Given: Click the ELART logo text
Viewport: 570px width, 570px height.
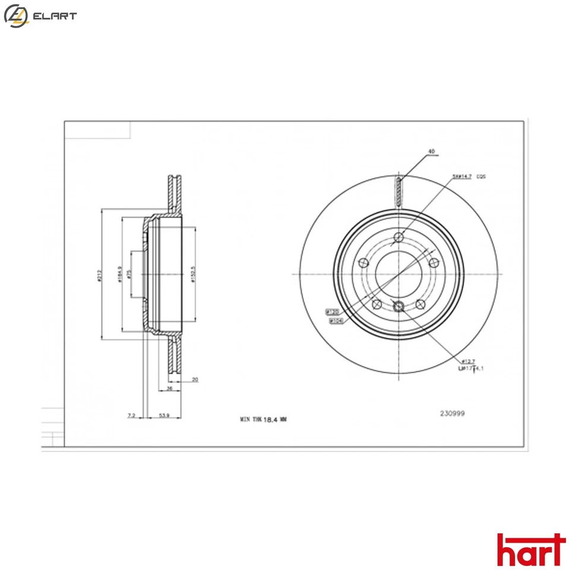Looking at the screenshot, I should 54,16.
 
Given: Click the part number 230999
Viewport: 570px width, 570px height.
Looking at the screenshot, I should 452,414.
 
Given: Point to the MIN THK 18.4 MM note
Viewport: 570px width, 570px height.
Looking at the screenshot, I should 263,419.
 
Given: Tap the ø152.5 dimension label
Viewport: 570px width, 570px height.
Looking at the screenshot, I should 194,274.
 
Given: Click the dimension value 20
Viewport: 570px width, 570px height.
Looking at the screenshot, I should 195,379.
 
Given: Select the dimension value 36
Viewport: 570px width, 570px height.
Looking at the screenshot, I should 169,388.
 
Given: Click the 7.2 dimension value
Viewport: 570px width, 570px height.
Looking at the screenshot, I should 131,416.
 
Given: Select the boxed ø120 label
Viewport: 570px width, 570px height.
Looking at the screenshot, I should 331,311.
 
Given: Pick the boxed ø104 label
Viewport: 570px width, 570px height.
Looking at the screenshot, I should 336,321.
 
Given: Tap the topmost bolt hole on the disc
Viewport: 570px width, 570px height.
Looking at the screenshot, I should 398,239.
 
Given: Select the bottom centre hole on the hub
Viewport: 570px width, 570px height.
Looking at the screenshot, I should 398,306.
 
